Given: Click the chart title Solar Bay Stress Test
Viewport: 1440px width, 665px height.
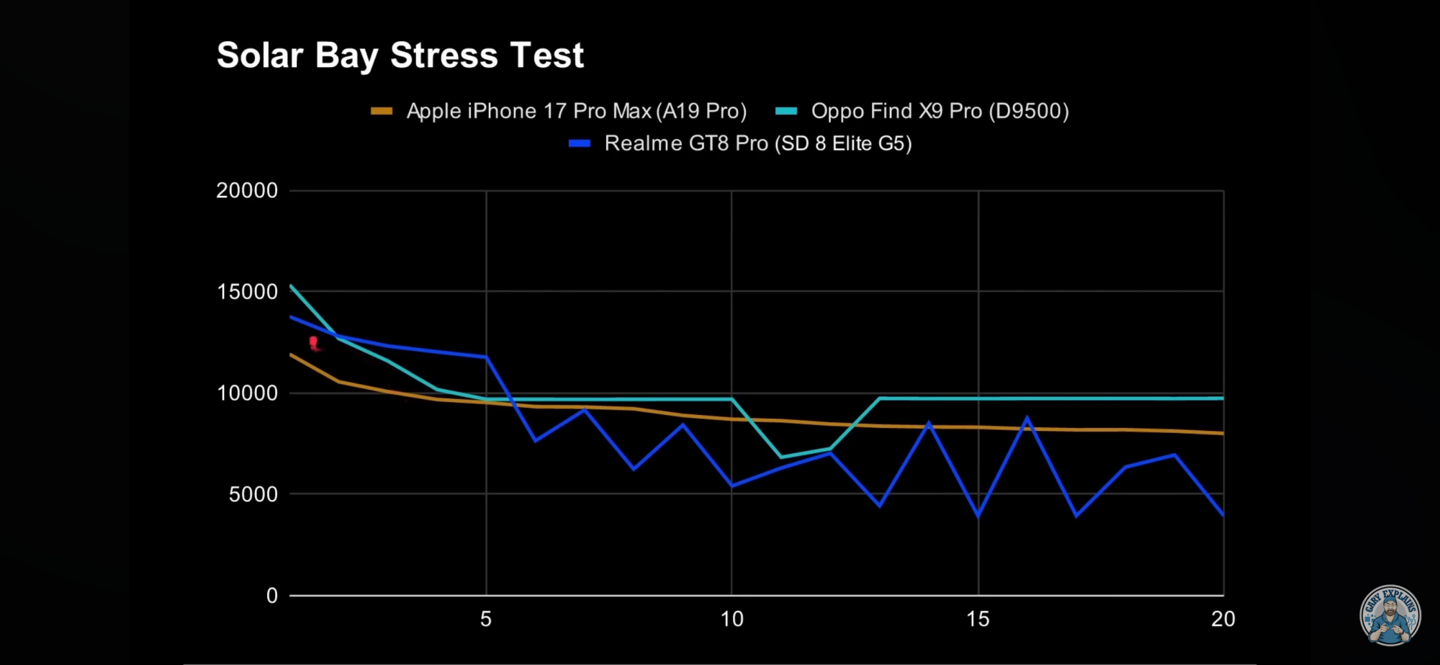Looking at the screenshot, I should [400, 55].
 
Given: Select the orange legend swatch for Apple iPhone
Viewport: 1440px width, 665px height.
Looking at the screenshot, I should [382, 111].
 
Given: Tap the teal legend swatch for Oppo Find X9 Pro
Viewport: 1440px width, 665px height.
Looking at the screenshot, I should [786, 111].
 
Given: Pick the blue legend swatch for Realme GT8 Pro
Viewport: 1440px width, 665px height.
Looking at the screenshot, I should [580, 143].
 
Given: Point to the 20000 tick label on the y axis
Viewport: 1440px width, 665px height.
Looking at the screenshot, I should [247, 191].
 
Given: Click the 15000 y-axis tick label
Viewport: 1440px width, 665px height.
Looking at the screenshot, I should [247, 292].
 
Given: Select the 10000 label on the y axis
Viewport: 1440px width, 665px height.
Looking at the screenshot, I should [247, 393].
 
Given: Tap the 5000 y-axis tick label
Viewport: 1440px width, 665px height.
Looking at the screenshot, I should [253, 494].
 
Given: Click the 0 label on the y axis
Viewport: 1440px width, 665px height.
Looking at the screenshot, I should [271, 596].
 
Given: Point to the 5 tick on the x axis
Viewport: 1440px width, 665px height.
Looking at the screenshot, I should [486, 619].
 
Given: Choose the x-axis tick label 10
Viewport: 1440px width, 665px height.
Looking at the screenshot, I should [732, 619].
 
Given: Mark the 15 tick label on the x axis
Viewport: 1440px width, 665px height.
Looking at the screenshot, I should [978, 619].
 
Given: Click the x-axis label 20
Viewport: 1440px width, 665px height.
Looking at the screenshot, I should [1223, 619].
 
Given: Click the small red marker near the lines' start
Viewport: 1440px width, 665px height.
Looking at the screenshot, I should [314, 342].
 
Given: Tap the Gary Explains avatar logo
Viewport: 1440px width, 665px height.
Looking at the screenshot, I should [1390, 615].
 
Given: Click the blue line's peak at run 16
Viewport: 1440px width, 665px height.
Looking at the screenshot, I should [1027, 419].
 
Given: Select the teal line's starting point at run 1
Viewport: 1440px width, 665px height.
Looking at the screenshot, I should [291, 286].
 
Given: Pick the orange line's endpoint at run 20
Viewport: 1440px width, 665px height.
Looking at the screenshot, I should [1223, 433].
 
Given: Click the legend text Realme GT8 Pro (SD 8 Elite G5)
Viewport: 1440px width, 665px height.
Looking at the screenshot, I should [758, 143].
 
